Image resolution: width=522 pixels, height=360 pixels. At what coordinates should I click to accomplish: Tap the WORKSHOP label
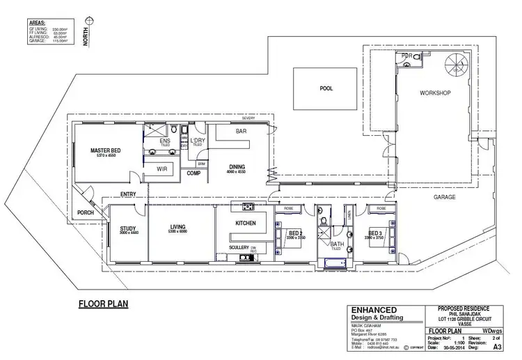click(436, 93)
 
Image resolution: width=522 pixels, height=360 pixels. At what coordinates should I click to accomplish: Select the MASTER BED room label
click(107, 150)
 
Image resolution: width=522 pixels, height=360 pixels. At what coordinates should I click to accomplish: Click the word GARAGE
click(445, 197)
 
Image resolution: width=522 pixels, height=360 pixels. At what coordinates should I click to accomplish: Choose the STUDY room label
click(127, 228)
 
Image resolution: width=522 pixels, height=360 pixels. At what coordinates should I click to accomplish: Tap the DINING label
click(237, 166)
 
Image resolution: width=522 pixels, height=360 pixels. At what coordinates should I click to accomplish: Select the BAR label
click(242, 131)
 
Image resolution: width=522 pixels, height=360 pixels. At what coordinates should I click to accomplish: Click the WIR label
click(161, 169)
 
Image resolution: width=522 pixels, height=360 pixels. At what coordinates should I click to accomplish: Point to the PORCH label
click(87, 214)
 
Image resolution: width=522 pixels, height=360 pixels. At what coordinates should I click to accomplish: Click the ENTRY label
click(128, 194)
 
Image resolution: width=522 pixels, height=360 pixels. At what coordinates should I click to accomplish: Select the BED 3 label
click(375, 233)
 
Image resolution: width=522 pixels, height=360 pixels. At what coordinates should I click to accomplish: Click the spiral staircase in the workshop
click(459, 68)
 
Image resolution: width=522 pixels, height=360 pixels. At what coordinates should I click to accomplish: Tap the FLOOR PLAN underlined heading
click(102, 304)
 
